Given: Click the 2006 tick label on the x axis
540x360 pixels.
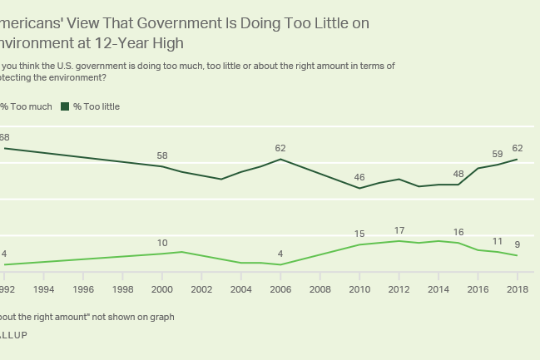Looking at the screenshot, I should coord(280,289).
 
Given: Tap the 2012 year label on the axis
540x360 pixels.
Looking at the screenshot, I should coord(399,289).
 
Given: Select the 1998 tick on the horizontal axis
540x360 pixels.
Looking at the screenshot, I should coord(122,289).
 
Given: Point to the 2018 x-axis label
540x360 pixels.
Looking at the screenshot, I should coord(518,289).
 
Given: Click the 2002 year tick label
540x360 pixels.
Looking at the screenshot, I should coord(201,289).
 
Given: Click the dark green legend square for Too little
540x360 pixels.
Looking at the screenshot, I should coord(66,106).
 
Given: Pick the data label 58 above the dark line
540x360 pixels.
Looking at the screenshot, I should coord(162,155).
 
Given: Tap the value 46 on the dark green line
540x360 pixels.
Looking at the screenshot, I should coord(359,177).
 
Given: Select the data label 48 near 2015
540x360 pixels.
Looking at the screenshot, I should coord(458,174).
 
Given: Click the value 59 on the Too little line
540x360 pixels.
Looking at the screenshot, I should coord(498,153).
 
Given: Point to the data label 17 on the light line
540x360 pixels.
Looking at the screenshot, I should coord(399,230).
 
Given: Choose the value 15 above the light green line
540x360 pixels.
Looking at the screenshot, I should coord(359,234).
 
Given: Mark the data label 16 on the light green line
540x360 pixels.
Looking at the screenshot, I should coord(458,232).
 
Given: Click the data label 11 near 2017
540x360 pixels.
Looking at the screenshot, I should coord(498,241).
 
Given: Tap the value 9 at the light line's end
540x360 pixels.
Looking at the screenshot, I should coord(518,244).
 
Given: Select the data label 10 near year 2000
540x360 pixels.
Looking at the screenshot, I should coord(162,243).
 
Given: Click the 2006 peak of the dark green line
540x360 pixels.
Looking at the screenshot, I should coord(280,159).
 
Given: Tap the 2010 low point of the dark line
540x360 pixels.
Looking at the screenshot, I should coord(359,188).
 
